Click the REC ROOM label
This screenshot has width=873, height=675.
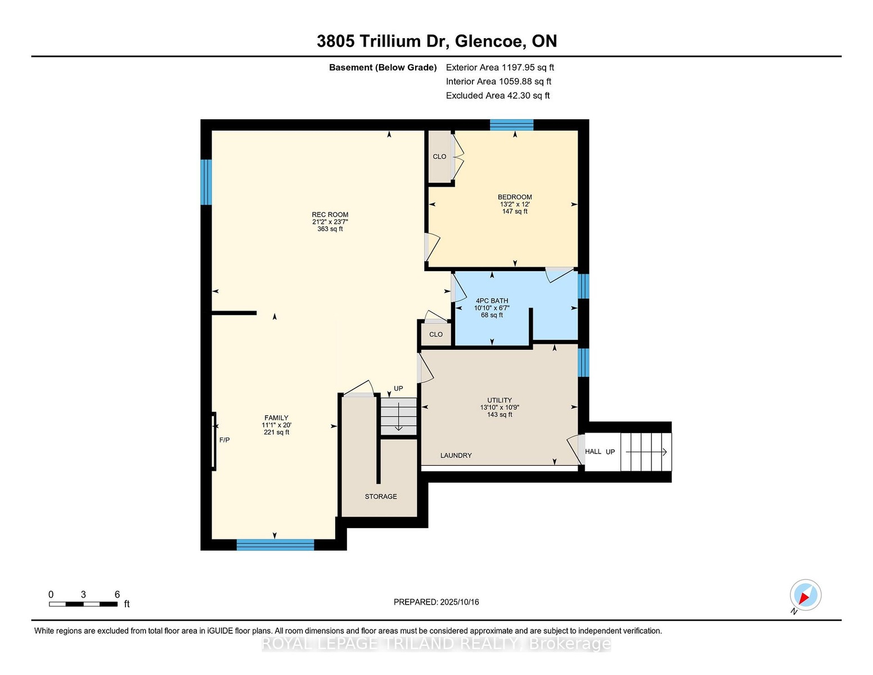coord(330,214)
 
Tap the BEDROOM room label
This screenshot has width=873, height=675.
coord(515,197)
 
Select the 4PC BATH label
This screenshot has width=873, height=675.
coord(492,301)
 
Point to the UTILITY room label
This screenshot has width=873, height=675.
coord(499,400)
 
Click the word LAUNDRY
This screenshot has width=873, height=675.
coord(456,456)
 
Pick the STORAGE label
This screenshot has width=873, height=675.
coord(381,496)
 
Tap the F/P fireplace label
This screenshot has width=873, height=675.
coord(224,440)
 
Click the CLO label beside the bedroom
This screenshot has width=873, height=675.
coord(439,156)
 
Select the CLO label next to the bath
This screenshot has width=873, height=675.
coord(436,335)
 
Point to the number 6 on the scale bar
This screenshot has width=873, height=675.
coord(118,595)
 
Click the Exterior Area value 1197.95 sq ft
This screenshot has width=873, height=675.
coord(526,67)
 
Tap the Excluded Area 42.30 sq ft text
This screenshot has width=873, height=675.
coord(498,96)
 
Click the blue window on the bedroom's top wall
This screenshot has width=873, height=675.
coord(511,125)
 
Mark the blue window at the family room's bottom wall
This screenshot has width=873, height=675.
coord(275,545)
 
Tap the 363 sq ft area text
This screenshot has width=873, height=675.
coord(330,229)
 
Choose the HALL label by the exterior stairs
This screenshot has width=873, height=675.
coord(593,451)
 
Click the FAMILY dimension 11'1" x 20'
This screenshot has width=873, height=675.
coord(276,425)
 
